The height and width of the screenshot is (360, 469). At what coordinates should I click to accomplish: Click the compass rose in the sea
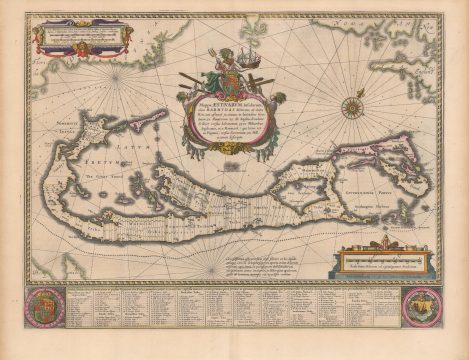click(x=352, y=105)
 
